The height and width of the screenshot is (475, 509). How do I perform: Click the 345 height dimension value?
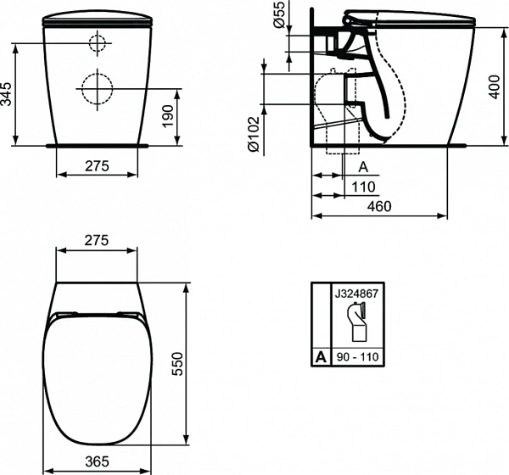(8, 92)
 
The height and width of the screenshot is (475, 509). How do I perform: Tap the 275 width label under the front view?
(98, 167)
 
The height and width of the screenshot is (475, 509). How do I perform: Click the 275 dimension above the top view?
(98, 240)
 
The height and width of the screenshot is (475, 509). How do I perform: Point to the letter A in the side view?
(362, 167)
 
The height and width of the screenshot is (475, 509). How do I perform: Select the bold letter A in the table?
(320, 357)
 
